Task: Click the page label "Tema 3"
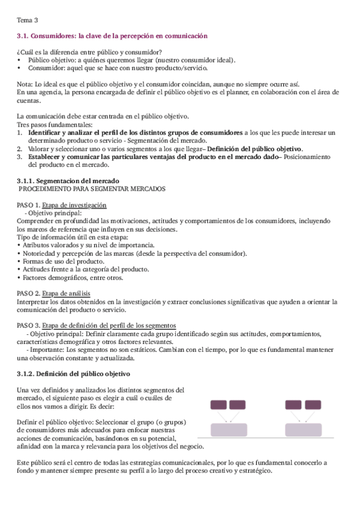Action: [x=27, y=20]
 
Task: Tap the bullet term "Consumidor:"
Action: [x=44, y=68]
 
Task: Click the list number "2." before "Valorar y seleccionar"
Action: [x=20, y=148]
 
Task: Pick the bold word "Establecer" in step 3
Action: [x=46, y=157]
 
